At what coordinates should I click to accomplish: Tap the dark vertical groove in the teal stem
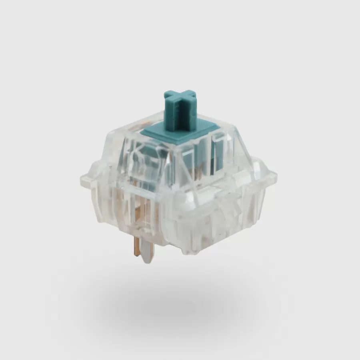[185, 116]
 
